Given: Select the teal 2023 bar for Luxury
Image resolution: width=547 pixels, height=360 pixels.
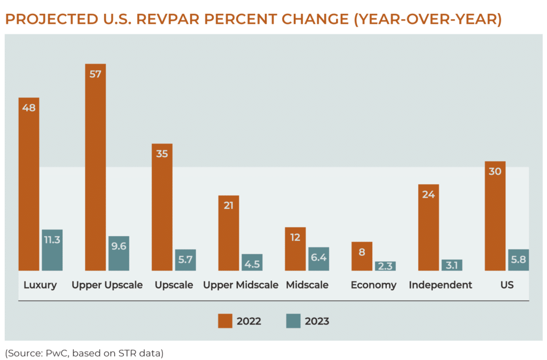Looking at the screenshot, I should [52, 250].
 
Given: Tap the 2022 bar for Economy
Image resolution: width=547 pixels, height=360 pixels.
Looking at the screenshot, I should [362, 256].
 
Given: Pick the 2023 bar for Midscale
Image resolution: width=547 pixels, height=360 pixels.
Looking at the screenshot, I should [318, 259].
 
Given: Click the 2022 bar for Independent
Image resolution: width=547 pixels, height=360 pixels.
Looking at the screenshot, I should [428, 228].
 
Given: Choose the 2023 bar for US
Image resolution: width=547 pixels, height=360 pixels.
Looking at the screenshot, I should [518, 260].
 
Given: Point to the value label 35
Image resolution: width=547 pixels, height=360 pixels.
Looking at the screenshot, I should [162, 154].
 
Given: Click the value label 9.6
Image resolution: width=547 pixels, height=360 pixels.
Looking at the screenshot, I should [119, 247].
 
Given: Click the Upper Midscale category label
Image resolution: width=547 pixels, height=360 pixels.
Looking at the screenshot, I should [240, 285].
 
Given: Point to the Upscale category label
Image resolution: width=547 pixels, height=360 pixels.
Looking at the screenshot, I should [174, 285].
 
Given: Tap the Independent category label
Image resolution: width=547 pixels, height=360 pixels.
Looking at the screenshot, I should [440, 285].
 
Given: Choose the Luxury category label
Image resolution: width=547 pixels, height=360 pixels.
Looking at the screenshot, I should [40, 285].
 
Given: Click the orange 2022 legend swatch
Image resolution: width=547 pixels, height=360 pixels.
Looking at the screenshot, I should [225, 321].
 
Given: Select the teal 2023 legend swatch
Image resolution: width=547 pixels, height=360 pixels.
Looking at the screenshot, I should [293, 321].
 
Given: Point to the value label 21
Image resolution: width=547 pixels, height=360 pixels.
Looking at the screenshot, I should [229, 206].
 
